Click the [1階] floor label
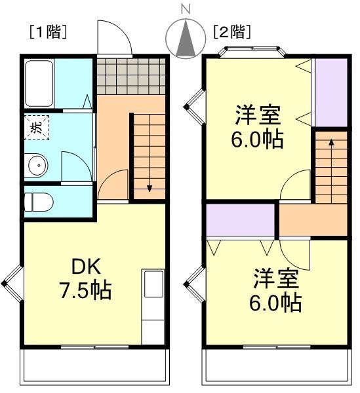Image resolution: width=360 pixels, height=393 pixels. [47, 31]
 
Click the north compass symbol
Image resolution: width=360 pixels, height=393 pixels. [186, 39]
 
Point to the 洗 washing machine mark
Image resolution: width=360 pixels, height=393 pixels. [35, 128]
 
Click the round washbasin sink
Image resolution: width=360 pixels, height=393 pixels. [39, 166]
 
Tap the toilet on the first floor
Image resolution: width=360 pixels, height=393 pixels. [41, 202]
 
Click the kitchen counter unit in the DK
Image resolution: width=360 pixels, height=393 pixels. [153, 305]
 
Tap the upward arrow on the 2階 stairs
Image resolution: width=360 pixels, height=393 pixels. [330, 143]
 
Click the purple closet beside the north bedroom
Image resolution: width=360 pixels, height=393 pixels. [330, 92]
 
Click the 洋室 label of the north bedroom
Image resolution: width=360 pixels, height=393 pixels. [258, 115]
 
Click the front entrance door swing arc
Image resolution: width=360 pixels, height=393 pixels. [113, 37]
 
